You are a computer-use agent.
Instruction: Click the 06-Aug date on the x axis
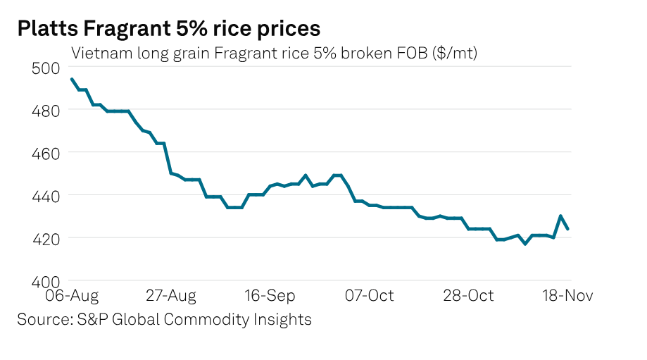(72, 295)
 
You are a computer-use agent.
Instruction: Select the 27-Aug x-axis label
(171, 295)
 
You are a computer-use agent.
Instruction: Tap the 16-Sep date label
(270, 295)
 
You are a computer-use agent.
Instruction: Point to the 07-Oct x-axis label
(369, 295)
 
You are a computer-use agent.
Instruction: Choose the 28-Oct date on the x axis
(468, 295)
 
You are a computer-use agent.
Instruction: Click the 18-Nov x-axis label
(567, 295)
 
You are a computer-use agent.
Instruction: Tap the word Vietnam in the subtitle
(96, 53)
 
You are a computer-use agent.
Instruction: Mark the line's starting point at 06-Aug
(72, 80)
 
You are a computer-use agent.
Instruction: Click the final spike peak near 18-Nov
(560, 216)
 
